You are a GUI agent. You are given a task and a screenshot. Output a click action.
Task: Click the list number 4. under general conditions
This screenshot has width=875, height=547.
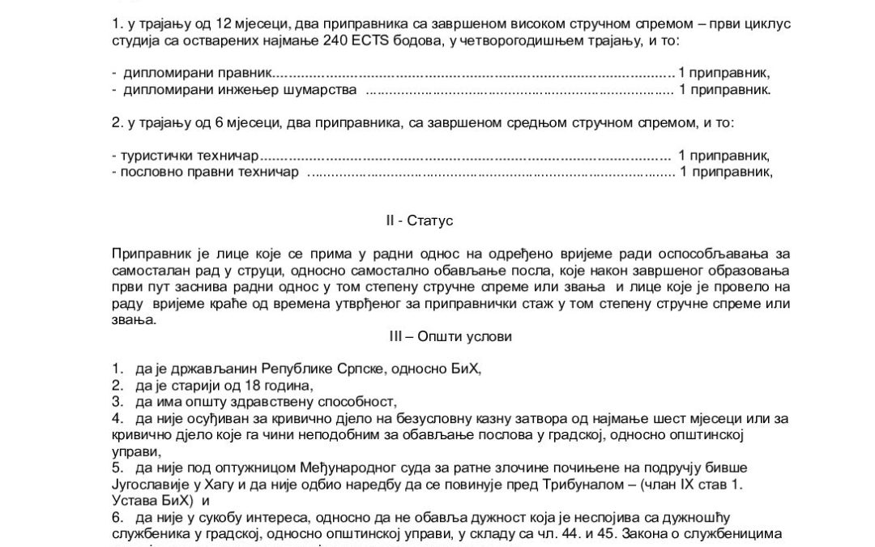tap(118, 419)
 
